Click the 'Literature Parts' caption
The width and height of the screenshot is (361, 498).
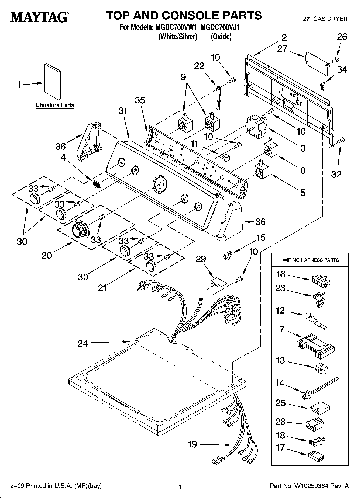pos(55,105)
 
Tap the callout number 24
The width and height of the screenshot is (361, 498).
pos(83,343)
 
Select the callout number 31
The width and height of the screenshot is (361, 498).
pos(123,111)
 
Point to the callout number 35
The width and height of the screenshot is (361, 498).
pos(140,100)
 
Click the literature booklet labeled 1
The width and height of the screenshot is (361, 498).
pos(53,81)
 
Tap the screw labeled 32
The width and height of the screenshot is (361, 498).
pos(341,140)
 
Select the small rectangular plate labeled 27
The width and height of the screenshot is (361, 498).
pos(317,61)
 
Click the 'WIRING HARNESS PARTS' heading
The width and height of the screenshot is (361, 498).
pos(311,260)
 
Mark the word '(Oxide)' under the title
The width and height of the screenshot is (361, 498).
pos(221,37)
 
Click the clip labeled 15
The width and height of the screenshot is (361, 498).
pos(227,255)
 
